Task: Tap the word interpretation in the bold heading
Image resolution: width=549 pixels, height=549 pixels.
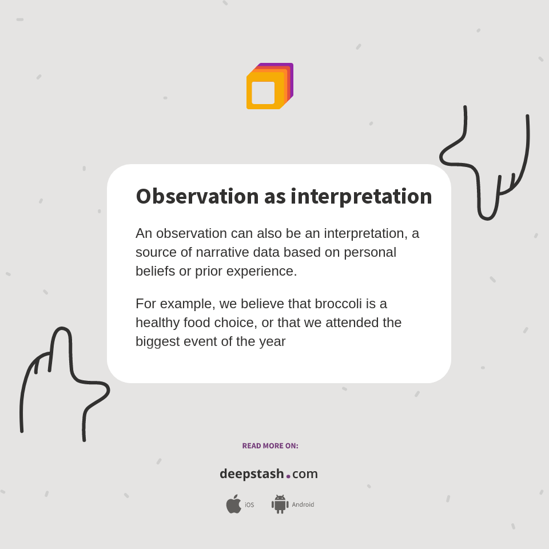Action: point(361,196)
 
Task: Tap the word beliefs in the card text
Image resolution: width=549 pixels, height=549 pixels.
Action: point(155,271)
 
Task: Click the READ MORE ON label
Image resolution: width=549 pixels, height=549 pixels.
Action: point(270,446)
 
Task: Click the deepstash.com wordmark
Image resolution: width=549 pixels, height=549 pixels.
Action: point(269,474)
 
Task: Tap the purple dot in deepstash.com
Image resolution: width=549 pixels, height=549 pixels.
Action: point(288,476)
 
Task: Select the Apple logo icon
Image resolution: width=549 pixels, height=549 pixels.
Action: point(233,504)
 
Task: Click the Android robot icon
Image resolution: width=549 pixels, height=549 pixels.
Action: point(280,504)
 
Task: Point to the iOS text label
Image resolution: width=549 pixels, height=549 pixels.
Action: point(249,505)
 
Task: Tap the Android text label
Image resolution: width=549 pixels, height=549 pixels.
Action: point(303,505)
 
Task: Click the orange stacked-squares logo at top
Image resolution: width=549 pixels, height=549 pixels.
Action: point(270,86)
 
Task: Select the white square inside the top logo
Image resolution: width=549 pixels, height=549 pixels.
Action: point(263,93)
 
